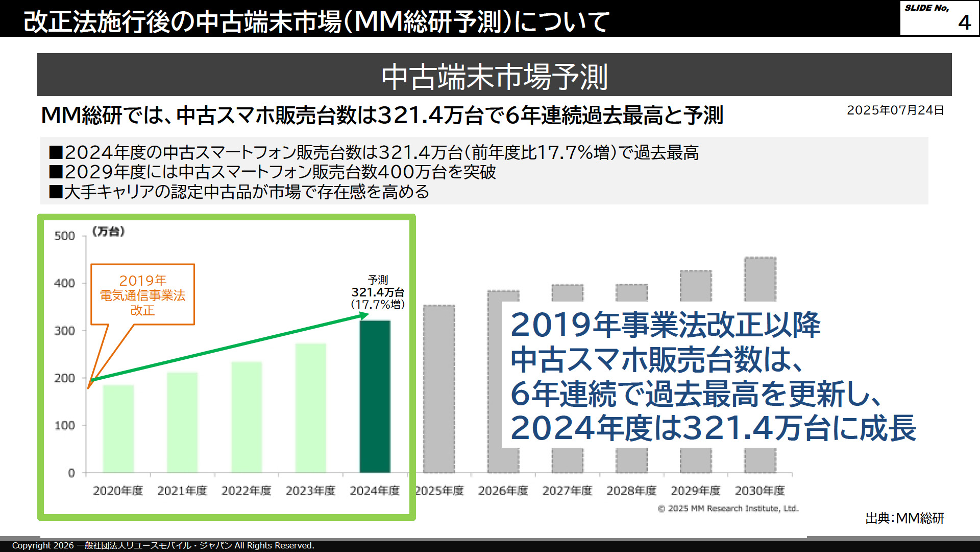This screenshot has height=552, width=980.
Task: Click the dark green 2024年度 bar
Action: coord(375,396)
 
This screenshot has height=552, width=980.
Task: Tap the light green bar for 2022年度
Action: coord(247,417)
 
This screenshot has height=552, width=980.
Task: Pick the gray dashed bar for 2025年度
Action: coord(439,388)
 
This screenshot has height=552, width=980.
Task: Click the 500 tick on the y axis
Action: coord(65,236)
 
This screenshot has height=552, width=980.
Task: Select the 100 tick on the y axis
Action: coord(65,426)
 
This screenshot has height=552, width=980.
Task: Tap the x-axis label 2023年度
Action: coord(310,491)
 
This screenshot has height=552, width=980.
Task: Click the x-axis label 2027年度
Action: coord(567,491)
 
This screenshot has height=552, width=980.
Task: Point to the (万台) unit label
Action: coord(108,232)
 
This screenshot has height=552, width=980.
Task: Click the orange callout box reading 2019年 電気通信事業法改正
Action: coord(142,294)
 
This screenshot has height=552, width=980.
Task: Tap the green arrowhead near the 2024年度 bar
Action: coord(363,316)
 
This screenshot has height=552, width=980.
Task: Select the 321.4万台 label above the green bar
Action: coord(378,292)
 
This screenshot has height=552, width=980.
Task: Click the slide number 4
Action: coord(964,22)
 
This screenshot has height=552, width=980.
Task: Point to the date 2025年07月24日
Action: coord(895,110)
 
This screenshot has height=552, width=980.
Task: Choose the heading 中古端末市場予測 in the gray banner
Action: coord(494,77)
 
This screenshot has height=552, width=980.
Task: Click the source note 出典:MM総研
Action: coord(904,518)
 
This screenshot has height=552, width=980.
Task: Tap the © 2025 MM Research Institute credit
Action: coord(728,509)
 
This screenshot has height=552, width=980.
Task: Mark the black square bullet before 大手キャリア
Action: coord(55,192)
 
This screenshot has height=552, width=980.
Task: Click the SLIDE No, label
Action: coord(926,8)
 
